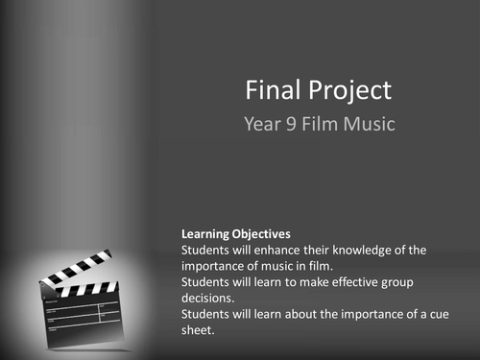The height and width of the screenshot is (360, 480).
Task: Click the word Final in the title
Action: coord(272,91)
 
